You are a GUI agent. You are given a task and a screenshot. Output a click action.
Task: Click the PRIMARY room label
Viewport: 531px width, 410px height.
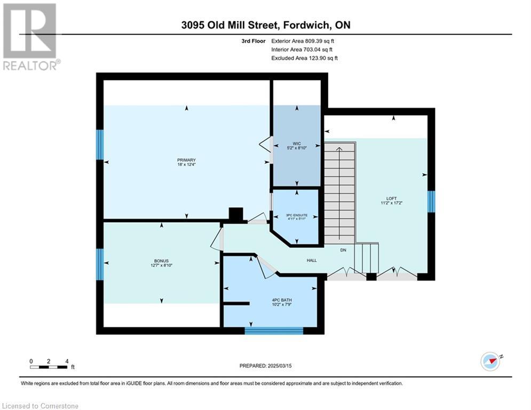point(186,160)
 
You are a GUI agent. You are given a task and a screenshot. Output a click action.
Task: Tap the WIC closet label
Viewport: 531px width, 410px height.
point(297,144)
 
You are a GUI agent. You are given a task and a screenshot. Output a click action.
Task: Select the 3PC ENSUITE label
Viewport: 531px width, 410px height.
point(297,215)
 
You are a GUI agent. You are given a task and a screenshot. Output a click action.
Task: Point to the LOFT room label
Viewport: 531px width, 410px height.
point(392,199)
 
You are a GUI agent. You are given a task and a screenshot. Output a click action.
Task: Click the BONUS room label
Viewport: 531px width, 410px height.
point(161,261)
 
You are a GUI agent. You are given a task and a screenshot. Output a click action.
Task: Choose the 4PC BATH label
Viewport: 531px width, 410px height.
point(282,300)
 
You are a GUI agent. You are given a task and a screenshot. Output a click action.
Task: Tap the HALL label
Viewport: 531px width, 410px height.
point(312,260)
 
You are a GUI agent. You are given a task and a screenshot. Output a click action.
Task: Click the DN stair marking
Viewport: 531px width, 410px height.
point(343,250)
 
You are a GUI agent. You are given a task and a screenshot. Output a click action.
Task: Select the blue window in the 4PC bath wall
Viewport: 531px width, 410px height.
point(274,330)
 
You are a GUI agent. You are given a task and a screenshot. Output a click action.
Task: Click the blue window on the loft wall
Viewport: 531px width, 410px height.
point(431,202)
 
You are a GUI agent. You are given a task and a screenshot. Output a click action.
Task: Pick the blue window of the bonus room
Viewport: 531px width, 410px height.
point(100,265)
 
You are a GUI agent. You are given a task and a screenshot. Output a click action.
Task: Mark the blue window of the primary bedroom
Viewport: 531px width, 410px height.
point(100,145)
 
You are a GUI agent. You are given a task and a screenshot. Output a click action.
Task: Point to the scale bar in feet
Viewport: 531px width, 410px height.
point(52,364)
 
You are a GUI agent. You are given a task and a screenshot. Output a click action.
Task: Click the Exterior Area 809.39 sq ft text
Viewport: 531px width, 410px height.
point(303,41)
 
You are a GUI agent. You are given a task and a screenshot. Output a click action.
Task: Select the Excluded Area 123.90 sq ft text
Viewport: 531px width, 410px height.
point(304,58)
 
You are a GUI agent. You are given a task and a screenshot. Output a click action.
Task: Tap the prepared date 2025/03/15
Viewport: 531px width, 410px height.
point(280,366)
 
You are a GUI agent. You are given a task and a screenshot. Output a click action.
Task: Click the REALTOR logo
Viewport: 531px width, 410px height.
point(31,37)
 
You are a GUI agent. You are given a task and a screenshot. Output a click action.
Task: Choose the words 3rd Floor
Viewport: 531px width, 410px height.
point(253,41)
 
